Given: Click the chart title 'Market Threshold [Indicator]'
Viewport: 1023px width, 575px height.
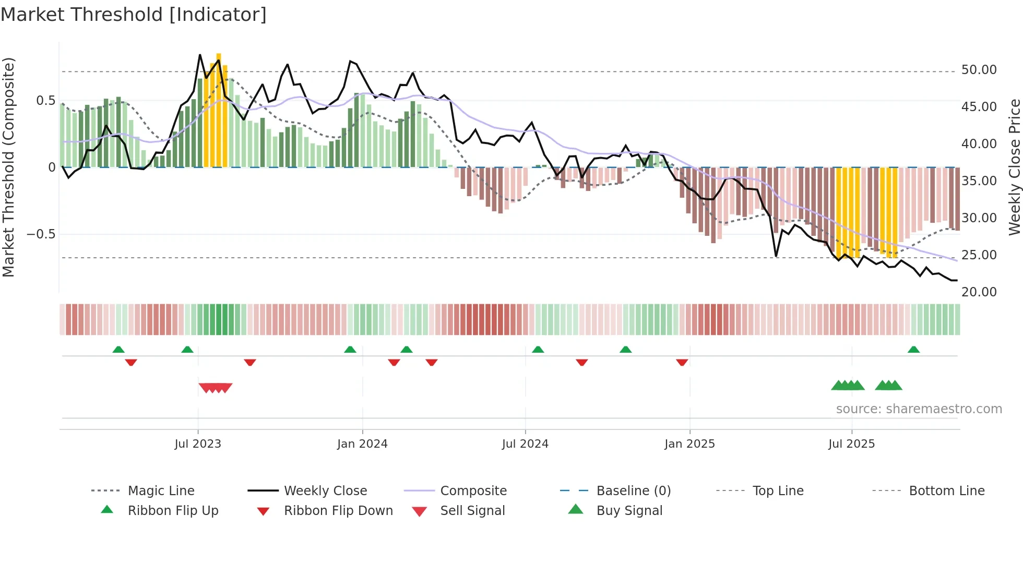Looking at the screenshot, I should pos(134,15).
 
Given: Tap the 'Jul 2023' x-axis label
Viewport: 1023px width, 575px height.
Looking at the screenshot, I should pos(198,444).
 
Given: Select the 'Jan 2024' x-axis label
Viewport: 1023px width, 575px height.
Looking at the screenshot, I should pos(362,444).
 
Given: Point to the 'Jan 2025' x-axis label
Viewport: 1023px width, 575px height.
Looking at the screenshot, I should pos(689,444).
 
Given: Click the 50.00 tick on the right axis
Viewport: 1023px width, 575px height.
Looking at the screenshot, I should pos(979,70).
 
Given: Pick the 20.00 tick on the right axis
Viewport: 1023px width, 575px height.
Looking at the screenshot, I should pos(979,292).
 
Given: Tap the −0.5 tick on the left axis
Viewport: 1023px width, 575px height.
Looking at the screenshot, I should pos(41,234).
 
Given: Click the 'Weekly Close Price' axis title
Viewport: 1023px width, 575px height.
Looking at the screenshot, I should pos(1014,167).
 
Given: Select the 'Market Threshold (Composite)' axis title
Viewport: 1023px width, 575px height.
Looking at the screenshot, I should pos(8,167).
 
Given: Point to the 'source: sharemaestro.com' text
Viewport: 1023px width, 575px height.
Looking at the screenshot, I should pos(919,409).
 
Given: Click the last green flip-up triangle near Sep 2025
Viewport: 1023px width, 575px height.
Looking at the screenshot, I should pos(913,350).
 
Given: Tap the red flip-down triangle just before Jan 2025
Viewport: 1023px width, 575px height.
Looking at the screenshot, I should pos(682,362).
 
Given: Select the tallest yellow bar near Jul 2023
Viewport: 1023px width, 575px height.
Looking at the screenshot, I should pos(219,110).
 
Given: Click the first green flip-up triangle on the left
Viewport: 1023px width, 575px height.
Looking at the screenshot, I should pos(118,350).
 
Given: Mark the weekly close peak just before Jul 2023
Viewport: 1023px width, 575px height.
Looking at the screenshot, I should pos(200,55).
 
